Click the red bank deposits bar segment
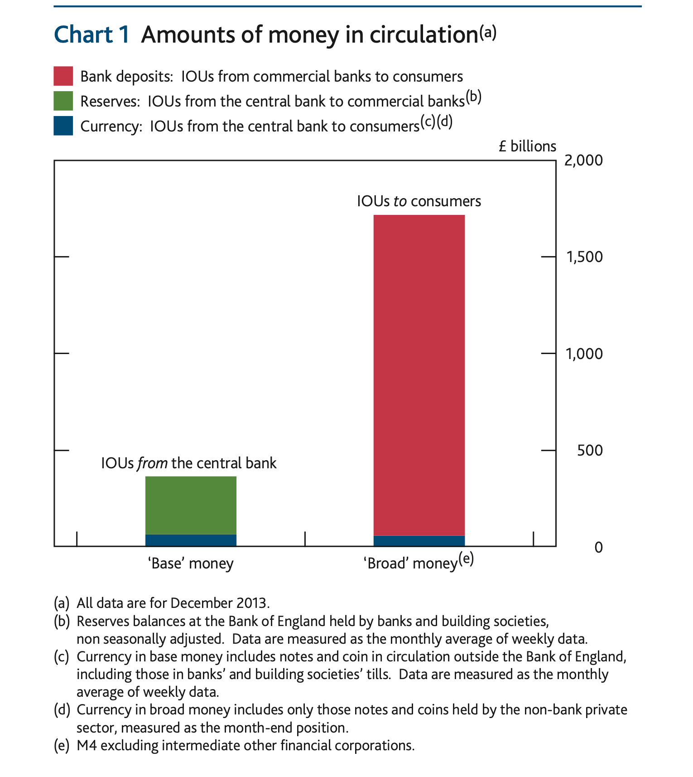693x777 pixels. [x=419, y=375]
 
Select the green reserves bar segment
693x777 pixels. [x=191, y=505]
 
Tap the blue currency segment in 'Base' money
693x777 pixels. [x=191, y=540]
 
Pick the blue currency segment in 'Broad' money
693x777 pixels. [x=419, y=541]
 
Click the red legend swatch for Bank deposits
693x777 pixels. [x=63, y=76]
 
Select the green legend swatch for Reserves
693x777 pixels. [x=63, y=101]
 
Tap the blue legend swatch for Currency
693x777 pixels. [x=63, y=126]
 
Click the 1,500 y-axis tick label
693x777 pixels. [x=584, y=257]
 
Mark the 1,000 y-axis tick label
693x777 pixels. [x=584, y=354]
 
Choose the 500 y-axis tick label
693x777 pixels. [x=590, y=450]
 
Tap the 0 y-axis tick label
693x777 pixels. [x=598, y=547]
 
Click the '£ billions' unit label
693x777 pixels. [x=527, y=146]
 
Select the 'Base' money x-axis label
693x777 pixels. [x=191, y=563]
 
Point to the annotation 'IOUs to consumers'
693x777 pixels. [x=419, y=201]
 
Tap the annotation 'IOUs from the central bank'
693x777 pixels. [x=188, y=463]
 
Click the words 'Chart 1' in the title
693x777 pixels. [x=92, y=35]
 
